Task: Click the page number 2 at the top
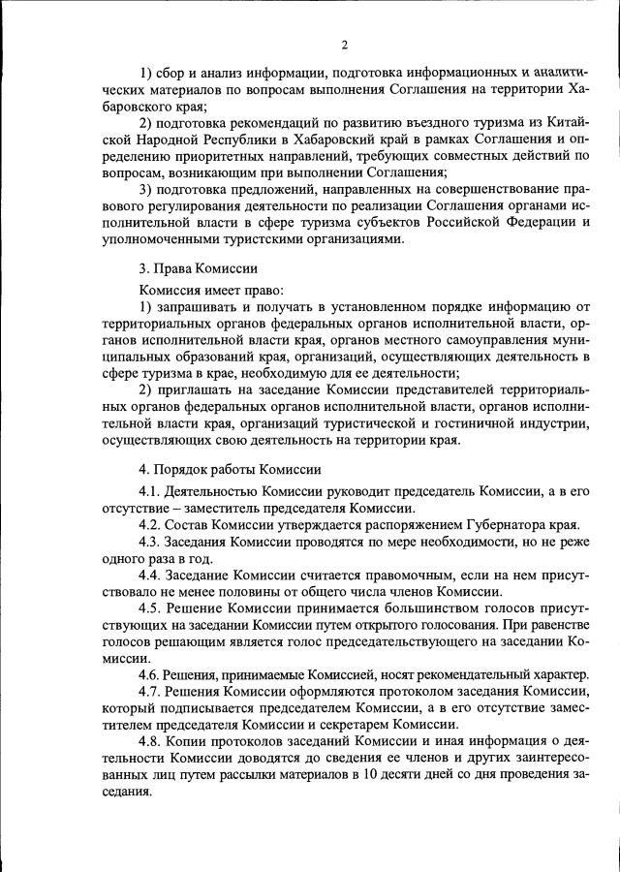click(x=344, y=44)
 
